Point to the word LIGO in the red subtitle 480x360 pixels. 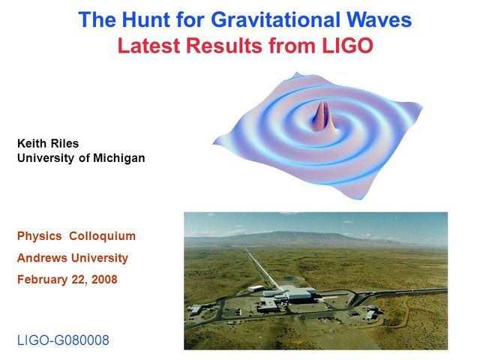pyautogui.click(x=346, y=46)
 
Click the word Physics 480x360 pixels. pyautogui.click(x=39, y=236)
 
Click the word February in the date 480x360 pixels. pyautogui.click(x=43, y=280)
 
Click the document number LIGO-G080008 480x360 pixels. pyautogui.click(x=63, y=340)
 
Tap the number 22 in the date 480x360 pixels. pyautogui.click(x=79, y=280)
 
